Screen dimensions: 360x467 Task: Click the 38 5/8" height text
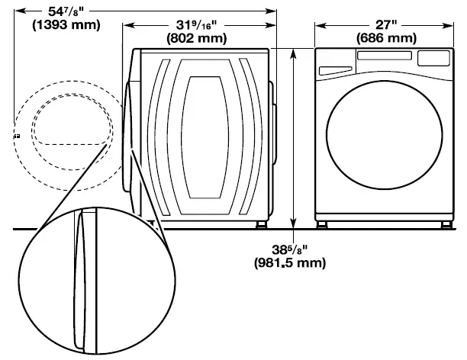tap(291, 249)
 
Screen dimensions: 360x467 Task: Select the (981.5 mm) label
tap(291, 262)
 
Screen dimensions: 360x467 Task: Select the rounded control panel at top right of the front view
tap(431, 58)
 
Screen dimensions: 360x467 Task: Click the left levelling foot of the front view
tap(324, 224)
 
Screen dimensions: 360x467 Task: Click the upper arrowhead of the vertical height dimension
tap(294, 51)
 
